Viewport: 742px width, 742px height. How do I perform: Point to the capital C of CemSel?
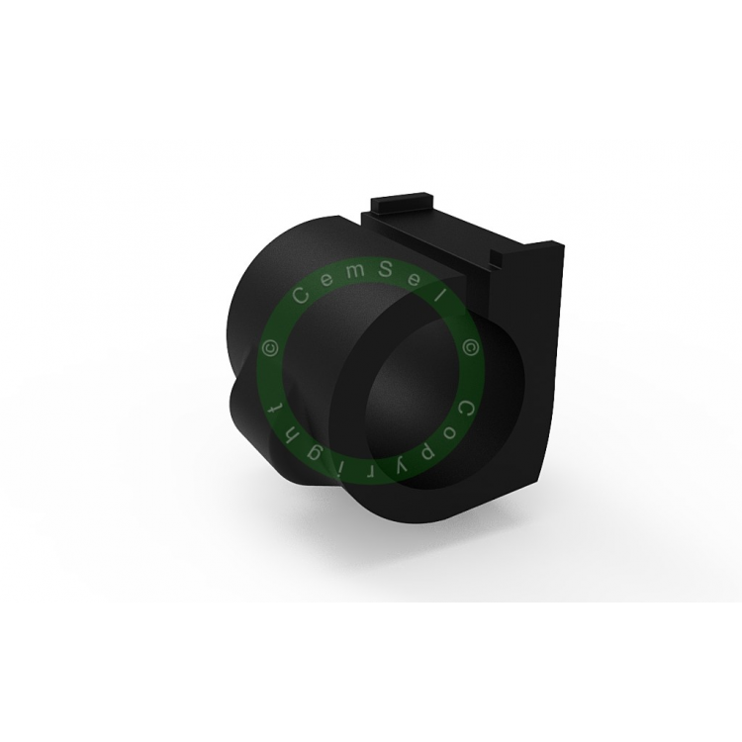coord(302,296)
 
